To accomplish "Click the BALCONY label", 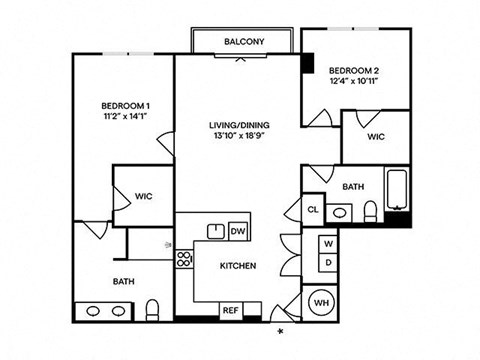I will click(244, 41).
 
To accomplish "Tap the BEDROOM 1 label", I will click(126, 106).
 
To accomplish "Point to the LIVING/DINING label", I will click(240, 125).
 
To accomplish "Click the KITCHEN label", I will click(239, 266).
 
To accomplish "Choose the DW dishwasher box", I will click(238, 231).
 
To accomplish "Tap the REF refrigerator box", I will click(229, 310).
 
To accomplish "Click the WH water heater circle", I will click(323, 303).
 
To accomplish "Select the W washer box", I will click(327, 244).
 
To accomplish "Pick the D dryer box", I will click(327, 262).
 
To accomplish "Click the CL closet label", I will click(313, 210).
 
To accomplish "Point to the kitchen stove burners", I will click(184, 260).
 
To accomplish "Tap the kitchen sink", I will click(216, 231).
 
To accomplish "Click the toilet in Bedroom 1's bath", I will click(153, 307).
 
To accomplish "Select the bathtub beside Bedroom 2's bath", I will click(398, 196).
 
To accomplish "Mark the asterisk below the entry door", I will click(281, 330).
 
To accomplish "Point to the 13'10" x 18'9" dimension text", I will click(240, 137).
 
